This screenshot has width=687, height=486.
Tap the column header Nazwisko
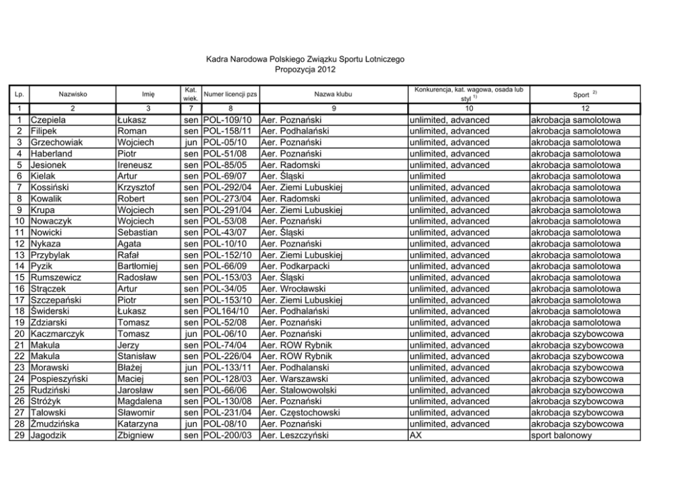[73, 93]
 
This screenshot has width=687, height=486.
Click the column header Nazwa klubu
[333, 93]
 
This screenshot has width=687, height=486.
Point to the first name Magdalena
[139, 402]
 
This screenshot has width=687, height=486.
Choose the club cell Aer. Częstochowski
[301, 413]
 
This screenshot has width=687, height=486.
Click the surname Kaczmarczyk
[57, 334]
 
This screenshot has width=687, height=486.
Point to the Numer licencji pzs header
[231, 93]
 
